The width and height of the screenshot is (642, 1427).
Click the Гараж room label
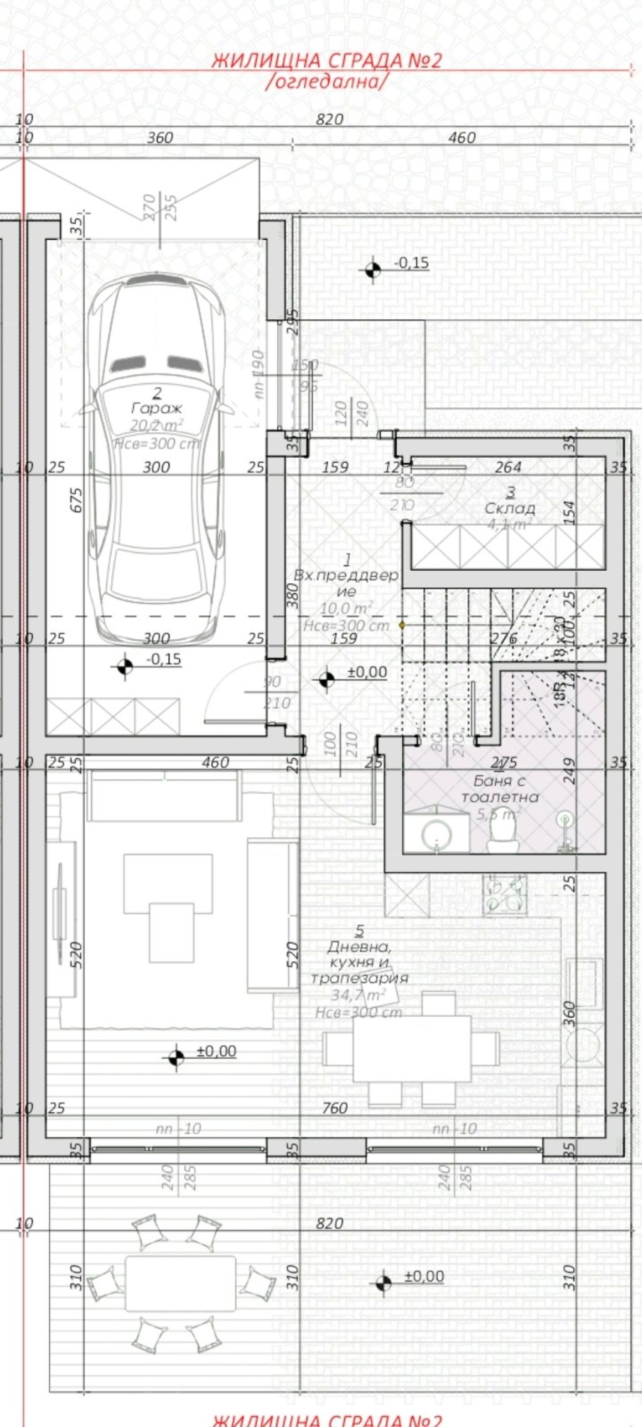pyautogui.click(x=157, y=409)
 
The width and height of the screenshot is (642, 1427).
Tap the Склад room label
pyautogui.click(x=510, y=508)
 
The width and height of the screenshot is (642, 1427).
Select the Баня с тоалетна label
pyautogui.click(x=499, y=789)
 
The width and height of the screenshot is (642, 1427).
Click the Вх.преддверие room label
pyautogui.click(x=346, y=583)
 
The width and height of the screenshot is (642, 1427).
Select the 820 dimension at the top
pyautogui.click(x=330, y=119)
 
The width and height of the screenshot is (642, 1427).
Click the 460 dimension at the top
pyautogui.click(x=461, y=137)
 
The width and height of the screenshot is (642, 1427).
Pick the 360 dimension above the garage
pyautogui.click(x=160, y=137)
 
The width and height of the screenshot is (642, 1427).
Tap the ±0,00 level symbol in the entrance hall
pyautogui.click(x=327, y=679)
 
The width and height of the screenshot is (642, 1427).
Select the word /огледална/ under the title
pyautogui.click(x=326, y=81)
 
